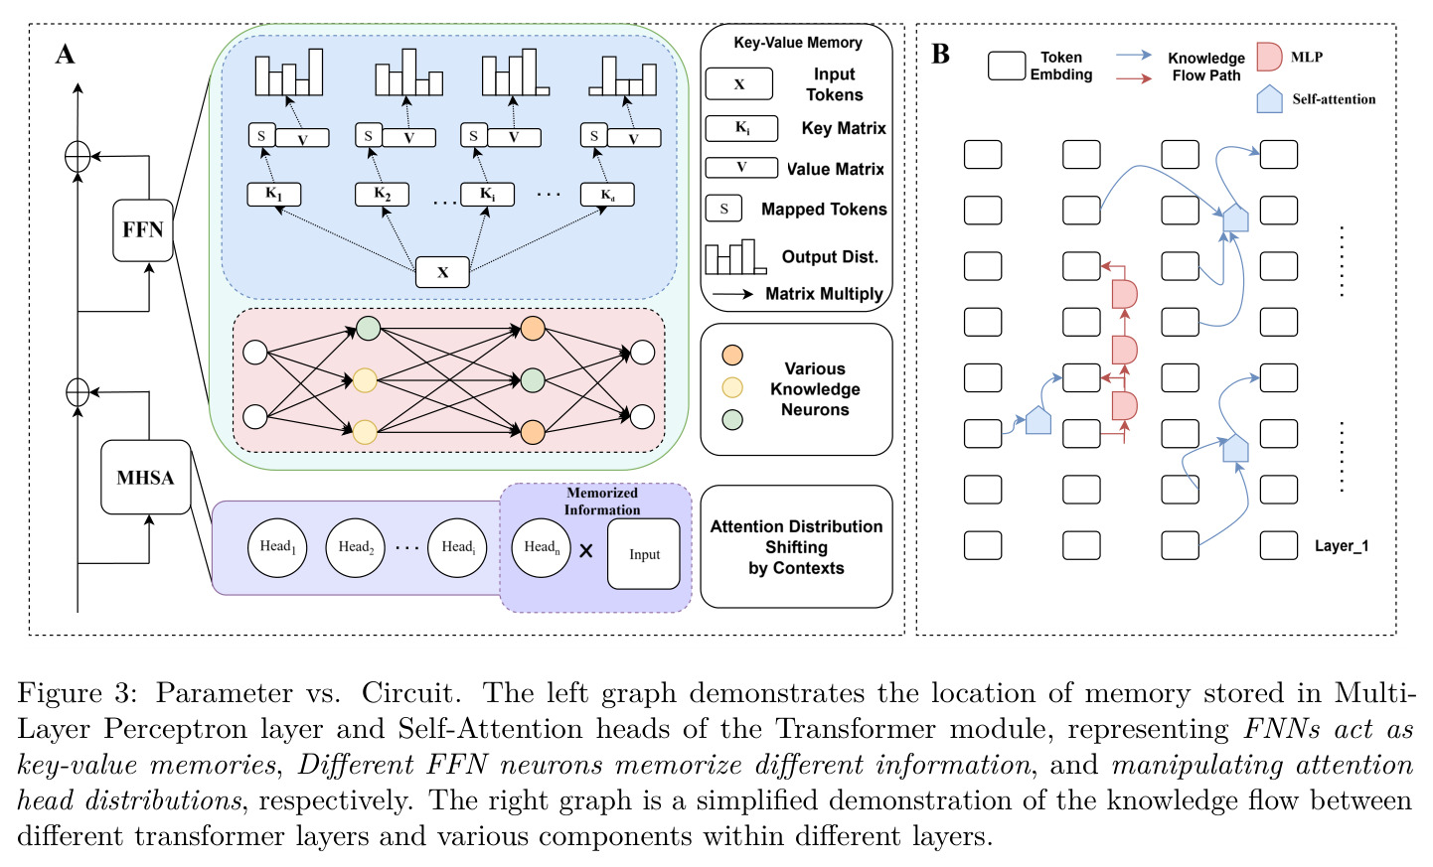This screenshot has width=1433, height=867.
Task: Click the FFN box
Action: pos(143,230)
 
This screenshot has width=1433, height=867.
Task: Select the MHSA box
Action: pos(146,477)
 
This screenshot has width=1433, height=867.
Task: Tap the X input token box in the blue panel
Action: pos(442,272)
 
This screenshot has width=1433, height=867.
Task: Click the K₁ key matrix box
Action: pos(274,195)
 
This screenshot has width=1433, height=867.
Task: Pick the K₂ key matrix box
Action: pos(382,195)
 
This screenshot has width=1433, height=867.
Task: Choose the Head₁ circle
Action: pos(277,548)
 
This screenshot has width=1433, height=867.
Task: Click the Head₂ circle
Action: pos(355,548)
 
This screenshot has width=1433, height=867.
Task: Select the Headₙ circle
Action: pos(542,548)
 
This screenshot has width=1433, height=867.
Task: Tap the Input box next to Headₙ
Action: pos(644,554)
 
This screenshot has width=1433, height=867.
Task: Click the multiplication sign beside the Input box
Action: pos(586,550)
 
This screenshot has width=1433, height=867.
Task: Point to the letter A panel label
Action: pos(66,55)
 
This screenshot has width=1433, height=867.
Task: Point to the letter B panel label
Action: pos(940,54)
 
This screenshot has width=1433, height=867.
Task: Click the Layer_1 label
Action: pos(1342,546)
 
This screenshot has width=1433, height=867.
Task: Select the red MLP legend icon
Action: pos(1269,57)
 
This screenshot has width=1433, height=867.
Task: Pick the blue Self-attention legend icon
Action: pos(1269,99)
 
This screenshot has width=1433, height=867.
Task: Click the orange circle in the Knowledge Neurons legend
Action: pos(732,355)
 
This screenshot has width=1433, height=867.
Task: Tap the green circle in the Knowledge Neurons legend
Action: pos(732,419)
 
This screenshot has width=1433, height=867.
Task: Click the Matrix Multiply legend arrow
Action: pos(733,294)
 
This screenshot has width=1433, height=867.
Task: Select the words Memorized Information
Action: pos(602,502)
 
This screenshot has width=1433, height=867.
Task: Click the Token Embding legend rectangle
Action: pos(1007,66)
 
